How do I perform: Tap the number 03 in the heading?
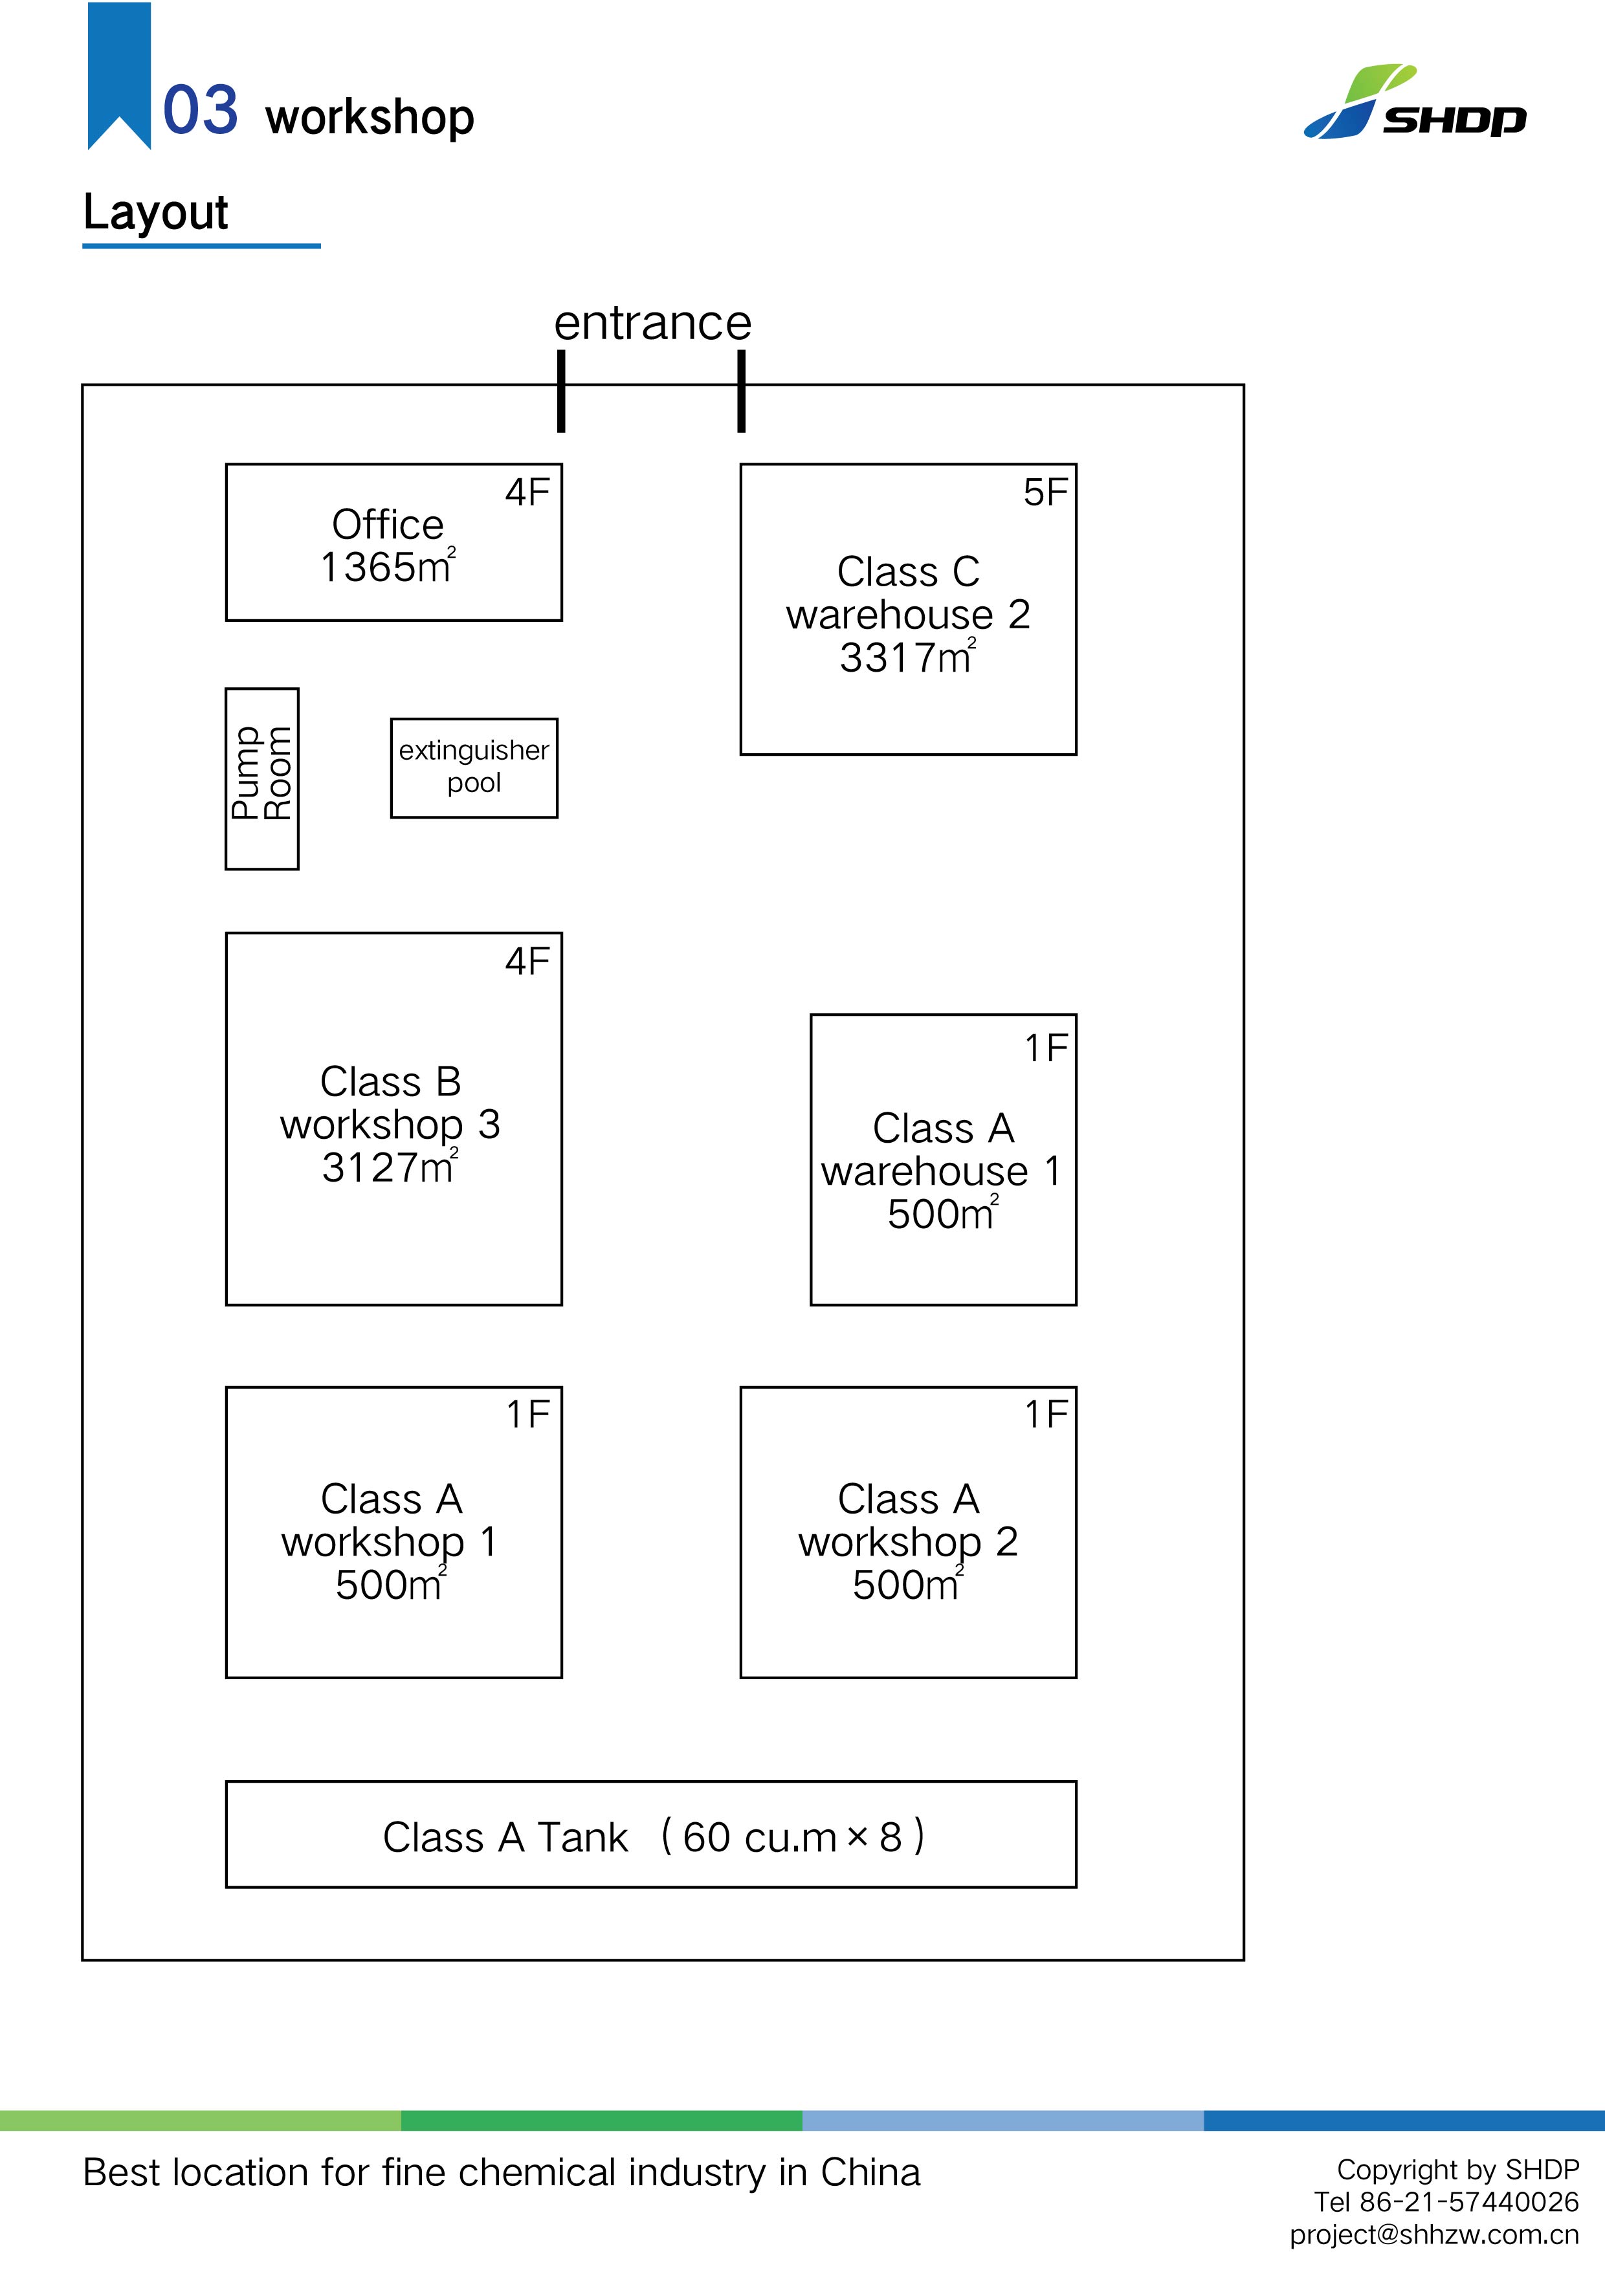200,110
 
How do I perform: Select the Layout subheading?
156,212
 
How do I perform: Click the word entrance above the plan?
653,324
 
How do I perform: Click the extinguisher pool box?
474,767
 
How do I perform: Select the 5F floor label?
1045,492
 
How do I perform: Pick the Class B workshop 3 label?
391,1103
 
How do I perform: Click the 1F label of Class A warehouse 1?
1045,1048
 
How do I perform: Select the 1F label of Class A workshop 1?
528,1414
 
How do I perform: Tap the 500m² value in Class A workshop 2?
907,1585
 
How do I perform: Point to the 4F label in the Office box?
527,492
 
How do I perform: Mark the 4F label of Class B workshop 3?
527,961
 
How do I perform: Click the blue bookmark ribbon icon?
118,74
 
